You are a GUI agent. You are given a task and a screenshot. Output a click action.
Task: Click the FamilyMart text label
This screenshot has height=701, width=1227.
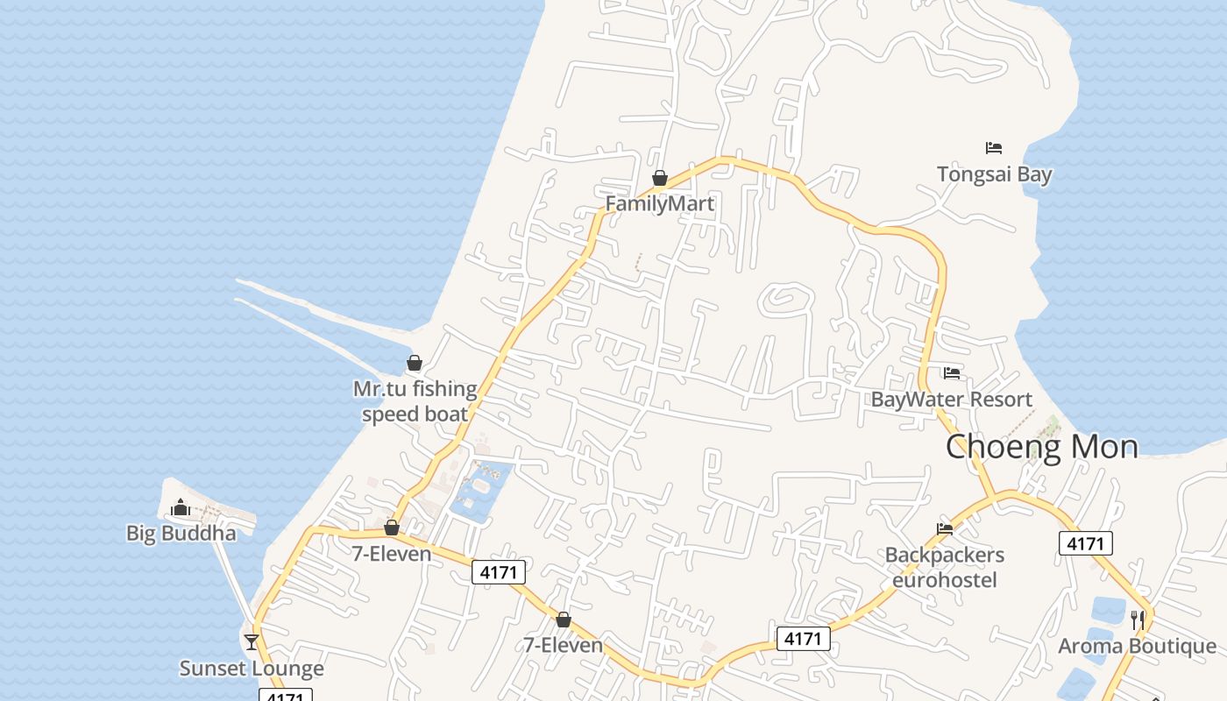660,204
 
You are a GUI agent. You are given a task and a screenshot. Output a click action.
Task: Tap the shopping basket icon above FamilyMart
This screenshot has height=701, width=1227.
660,179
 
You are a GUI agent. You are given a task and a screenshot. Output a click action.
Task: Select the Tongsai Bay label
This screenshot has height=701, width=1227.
994,174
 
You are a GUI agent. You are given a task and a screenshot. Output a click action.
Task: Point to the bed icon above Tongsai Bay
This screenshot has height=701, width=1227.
994,148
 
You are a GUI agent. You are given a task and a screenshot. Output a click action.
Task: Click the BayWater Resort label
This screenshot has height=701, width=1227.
951,400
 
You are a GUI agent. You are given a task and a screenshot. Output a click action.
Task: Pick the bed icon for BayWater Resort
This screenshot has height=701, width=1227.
952,374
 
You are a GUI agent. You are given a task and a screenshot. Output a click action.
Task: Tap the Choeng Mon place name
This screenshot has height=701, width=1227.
1041,447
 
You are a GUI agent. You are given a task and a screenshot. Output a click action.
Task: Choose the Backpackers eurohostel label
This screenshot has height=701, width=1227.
944,568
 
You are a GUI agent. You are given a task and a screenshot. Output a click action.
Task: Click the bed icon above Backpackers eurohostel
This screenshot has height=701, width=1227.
945,529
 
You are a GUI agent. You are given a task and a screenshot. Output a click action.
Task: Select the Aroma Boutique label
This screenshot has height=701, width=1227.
1137,647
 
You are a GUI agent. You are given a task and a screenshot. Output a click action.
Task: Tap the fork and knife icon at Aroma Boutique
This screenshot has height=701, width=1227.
1138,620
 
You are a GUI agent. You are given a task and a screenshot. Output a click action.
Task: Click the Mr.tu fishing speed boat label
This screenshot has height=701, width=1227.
415,401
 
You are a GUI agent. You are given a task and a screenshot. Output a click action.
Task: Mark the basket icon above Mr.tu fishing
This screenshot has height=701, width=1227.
415,363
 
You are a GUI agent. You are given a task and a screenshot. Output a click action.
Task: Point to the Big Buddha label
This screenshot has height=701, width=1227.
181,534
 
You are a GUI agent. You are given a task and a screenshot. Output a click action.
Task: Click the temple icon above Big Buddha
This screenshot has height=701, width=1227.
181,507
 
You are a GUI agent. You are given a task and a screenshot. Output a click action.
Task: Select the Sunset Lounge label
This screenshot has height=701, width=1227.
252,669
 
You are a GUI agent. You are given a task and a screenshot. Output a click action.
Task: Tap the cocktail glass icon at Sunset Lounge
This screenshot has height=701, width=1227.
252,642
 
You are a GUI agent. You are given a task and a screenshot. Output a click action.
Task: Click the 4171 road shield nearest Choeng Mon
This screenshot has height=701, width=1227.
1085,543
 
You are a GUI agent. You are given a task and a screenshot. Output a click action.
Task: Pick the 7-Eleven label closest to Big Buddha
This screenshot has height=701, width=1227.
392,554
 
